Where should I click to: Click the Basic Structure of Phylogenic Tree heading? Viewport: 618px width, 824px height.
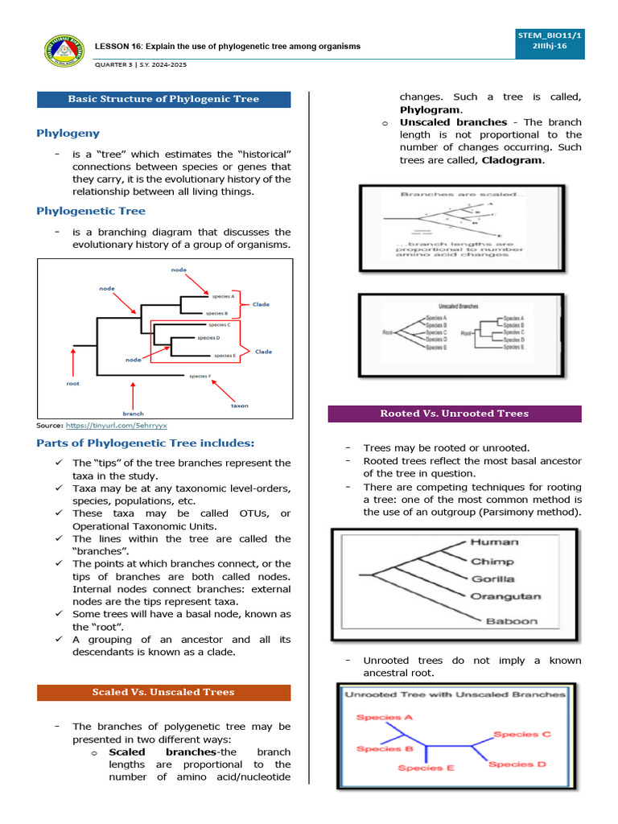coord(163,99)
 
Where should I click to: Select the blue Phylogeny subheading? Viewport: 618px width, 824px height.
coord(68,133)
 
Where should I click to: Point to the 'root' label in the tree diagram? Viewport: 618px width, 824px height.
coord(72,384)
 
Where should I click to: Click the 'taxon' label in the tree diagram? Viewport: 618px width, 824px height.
coord(240,406)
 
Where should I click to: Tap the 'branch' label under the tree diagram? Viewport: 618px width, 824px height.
coord(134,414)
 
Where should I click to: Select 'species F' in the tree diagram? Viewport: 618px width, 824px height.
coord(200,376)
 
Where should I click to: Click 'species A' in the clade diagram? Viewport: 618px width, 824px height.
coord(222,296)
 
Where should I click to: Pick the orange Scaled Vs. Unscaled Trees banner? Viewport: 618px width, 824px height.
coord(163,692)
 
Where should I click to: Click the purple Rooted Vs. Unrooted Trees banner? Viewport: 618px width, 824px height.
coord(455,414)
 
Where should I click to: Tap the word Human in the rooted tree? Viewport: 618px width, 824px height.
coord(494,542)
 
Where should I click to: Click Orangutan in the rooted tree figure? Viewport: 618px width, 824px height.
coord(506,597)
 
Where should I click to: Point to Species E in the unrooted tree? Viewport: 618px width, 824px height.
coord(426,768)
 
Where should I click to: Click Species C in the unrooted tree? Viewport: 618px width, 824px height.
coord(521,734)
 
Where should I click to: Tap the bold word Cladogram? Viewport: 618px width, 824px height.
coord(513,160)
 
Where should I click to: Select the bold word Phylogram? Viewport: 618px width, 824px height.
coord(431,109)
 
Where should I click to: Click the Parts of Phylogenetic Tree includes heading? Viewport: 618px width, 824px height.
coord(146,443)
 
